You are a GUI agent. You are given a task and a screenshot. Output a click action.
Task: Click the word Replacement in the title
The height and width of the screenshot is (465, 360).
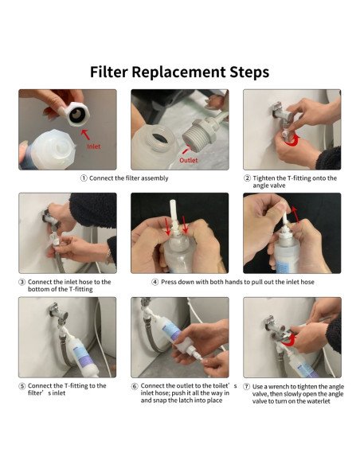click(178, 72)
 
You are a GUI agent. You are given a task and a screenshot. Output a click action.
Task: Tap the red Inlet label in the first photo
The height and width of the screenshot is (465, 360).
click(94, 147)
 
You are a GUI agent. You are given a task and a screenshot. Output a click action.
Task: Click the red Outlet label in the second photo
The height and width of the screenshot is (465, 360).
click(188, 160)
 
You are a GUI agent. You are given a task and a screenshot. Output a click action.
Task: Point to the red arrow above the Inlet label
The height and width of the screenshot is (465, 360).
click(85, 135)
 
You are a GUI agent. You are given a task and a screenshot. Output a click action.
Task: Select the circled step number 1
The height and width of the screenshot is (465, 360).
click(84, 178)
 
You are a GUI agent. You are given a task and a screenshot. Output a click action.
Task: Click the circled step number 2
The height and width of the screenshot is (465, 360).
click(247, 178)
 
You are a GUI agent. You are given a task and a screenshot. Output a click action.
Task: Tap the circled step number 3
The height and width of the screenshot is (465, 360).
click(22, 282)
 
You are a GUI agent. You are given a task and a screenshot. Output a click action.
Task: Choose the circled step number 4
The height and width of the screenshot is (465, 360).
click(155, 282)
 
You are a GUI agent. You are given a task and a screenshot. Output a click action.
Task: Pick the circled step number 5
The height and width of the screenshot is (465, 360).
click(22, 386)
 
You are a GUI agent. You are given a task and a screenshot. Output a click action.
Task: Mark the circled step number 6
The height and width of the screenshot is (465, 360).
click(135, 386)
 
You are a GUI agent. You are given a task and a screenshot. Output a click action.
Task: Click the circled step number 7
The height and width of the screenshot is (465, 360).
click(246, 387)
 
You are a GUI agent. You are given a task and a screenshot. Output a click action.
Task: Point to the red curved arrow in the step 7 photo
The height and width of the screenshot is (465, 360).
click(289, 339)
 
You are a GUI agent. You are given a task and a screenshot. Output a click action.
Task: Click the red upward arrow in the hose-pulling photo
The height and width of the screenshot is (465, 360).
click(295, 214)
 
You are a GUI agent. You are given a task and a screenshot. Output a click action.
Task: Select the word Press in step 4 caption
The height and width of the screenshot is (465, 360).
click(169, 282)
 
